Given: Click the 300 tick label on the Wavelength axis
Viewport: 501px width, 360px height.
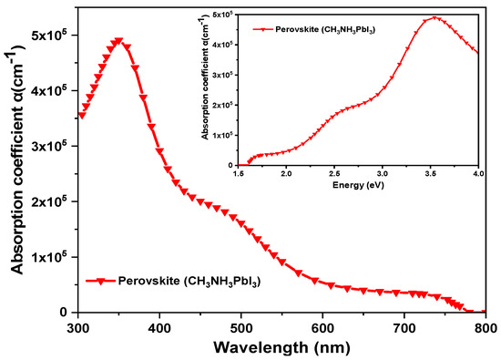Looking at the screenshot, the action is pyautogui.click(x=78, y=328).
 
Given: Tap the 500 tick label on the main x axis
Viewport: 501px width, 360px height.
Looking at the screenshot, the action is pyautogui.click(x=240, y=328).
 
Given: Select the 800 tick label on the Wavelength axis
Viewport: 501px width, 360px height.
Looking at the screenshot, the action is pyautogui.click(x=486, y=328).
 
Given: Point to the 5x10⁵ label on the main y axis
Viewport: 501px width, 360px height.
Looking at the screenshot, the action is pyautogui.click(x=52, y=35).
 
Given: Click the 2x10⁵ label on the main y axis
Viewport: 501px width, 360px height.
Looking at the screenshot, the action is pyautogui.click(x=52, y=201).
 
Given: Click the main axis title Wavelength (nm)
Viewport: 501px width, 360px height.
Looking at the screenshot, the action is pyautogui.click(x=281, y=348).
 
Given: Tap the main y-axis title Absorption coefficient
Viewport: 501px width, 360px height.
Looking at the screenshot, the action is pyautogui.click(x=17, y=159).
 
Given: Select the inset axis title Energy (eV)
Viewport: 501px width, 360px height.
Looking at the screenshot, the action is pyautogui.click(x=358, y=185).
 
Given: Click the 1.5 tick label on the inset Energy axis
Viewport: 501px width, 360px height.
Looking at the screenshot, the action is pyautogui.click(x=238, y=173).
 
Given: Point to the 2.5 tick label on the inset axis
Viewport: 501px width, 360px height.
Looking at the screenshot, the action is pyautogui.click(x=334, y=173).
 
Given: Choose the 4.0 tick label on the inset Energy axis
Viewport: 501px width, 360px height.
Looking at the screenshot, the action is pyautogui.click(x=478, y=173).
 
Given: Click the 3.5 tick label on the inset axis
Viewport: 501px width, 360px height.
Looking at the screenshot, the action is pyautogui.click(x=430, y=173).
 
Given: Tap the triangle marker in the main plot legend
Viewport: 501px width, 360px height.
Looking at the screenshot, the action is pyautogui.click(x=101, y=282).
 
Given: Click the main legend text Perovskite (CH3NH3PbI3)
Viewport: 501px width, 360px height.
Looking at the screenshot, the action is pyautogui.click(x=189, y=282).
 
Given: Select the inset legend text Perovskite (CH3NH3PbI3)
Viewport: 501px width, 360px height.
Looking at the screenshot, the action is pyautogui.click(x=325, y=29).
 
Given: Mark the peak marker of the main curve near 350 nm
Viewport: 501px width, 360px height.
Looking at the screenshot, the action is pyautogui.click(x=118, y=41).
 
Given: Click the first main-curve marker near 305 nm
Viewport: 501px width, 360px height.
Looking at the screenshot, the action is pyautogui.click(x=82, y=116).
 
